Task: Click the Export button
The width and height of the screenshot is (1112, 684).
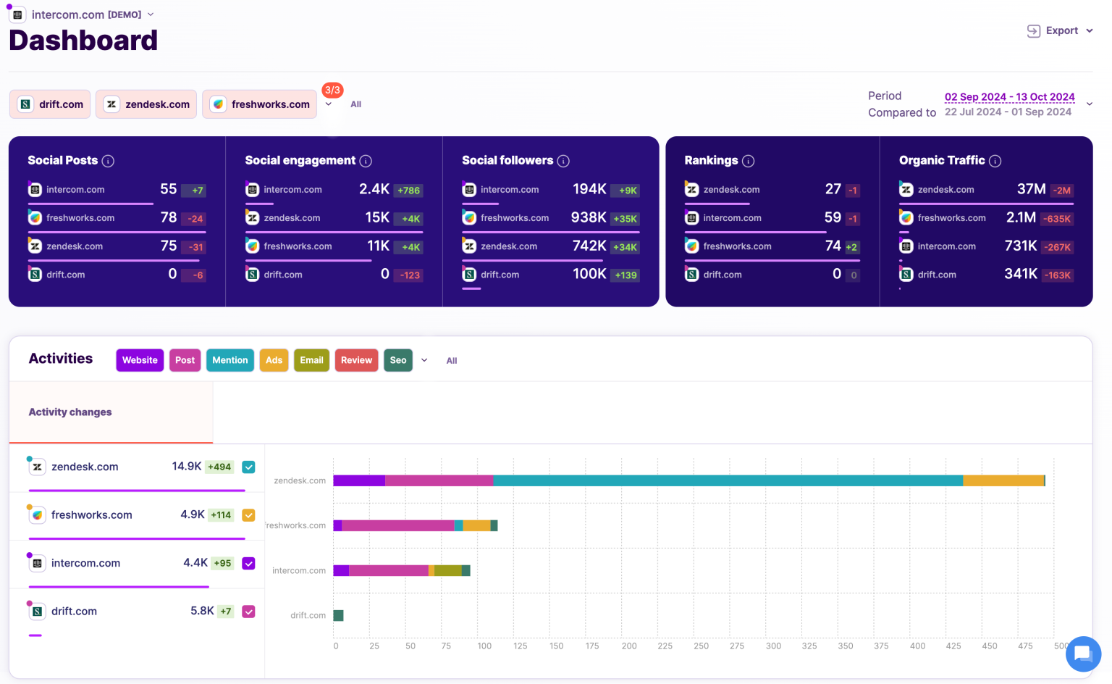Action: pyautogui.click(x=1060, y=30)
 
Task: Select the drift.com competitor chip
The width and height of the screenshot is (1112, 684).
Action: pyautogui.click(x=50, y=104)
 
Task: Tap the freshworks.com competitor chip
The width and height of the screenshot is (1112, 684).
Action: pyautogui.click(x=260, y=104)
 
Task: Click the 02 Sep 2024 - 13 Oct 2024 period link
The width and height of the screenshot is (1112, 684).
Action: pyautogui.click(x=1009, y=96)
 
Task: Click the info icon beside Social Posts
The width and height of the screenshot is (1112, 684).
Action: pyautogui.click(x=108, y=161)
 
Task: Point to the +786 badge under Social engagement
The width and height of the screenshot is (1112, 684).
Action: pyautogui.click(x=408, y=191)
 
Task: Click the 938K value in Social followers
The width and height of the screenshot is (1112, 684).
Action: pyautogui.click(x=588, y=217)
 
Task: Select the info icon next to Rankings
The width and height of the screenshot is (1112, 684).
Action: pyautogui.click(x=749, y=161)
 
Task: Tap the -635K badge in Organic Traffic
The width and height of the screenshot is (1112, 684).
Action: pyautogui.click(x=1057, y=219)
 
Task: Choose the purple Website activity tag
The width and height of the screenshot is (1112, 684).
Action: pyautogui.click(x=140, y=360)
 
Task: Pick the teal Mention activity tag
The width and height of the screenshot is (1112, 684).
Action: pyautogui.click(x=230, y=360)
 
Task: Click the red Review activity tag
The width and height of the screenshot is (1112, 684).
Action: pyautogui.click(x=356, y=360)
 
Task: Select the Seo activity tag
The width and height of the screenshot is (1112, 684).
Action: pyautogui.click(x=398, y=360)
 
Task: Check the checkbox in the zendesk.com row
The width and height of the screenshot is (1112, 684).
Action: pyautogui.click(x=248, y=467)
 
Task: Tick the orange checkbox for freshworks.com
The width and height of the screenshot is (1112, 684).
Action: pyautogui.click(x=248, y=515)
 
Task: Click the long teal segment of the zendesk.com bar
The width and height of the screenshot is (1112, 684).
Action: pyautogui.click(x=728, y=480)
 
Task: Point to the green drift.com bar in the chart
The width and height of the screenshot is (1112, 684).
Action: pyautogui.click(x=338, y=615)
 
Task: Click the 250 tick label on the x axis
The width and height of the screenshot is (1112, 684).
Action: pyautogui.click(x=701, y=646)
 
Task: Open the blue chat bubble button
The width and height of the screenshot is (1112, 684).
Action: pyautogui.click(x=1083, y=654)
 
